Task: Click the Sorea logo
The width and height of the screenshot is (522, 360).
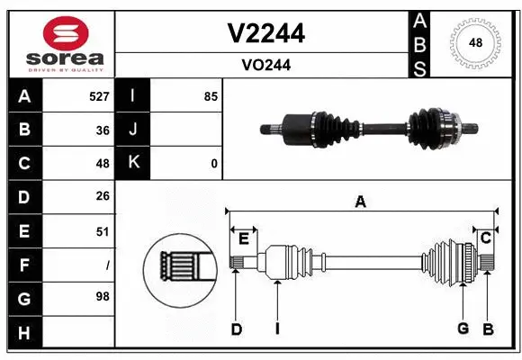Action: click(x=59, y=43)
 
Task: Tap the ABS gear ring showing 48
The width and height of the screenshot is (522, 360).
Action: click(x=474, y=42)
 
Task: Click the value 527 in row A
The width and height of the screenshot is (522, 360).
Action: click(x=98, y=95)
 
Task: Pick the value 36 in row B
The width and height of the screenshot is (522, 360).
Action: click(x=102, y=130)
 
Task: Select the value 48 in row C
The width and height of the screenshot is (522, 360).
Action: click(x=102, y=164)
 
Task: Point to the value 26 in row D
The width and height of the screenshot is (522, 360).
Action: click(x=102, y=197)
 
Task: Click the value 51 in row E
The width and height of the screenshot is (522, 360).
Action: click(x=102, y=231)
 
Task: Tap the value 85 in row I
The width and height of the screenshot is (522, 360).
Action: click(x=211, y=95)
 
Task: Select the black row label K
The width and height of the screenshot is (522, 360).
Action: click(x=133, y=164)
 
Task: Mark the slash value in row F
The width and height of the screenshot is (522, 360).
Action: click(x=107, y=265)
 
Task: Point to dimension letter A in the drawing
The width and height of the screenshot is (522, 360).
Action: click(x=360, y=202)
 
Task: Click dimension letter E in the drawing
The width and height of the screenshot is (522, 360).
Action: click(x=243, y=238)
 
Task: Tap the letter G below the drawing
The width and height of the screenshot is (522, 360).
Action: click(x=463, y=328)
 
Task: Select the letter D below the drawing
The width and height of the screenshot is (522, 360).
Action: click(x=236, y=329)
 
